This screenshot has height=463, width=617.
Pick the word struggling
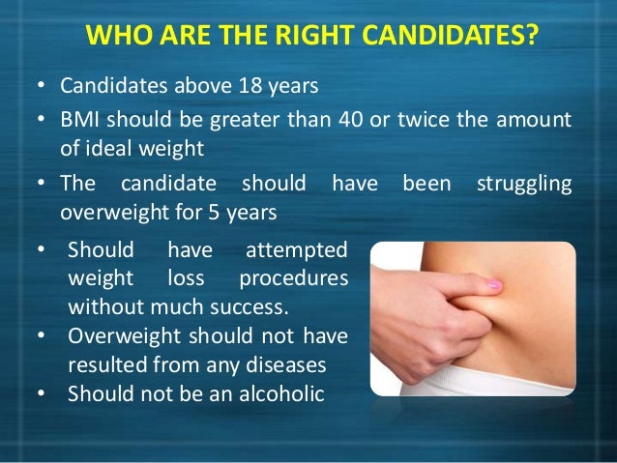pyautogui.click(x=523, y=183)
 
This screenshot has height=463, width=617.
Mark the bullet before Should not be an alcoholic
pyautogui.click(x=41, y=395)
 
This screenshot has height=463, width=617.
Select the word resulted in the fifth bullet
pyautogui.click(x=105, y=366)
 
